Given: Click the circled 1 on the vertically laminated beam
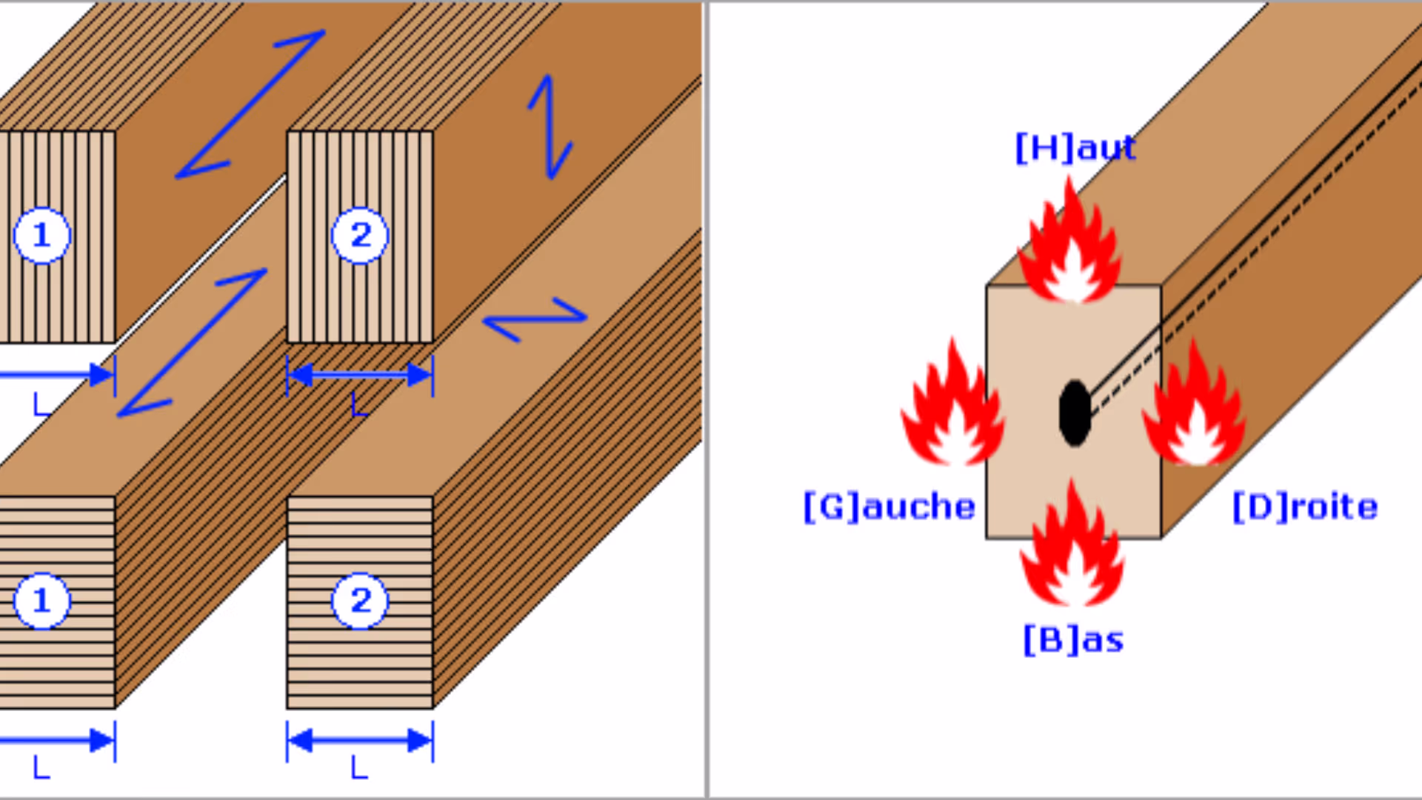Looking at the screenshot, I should click(x=42, y=236).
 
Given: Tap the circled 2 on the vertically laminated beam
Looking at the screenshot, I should click(x=360, y=236).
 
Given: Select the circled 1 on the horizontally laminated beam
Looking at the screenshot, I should click(x=42, y=601).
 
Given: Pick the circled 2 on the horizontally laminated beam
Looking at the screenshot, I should click(x=360, y=601).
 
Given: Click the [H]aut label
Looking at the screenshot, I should click(x=1075, y=148).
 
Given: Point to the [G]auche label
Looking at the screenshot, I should click(x=889, y=507).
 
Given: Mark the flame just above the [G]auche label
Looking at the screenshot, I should click(x=953, y=407).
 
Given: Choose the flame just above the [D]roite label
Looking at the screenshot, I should click(x=1195, y=407).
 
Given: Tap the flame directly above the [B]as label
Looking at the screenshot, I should click(x=1072, y=548).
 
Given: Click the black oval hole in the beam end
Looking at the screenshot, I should click(x=1075, y=413).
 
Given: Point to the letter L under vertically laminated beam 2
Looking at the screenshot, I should click(x=359, y=405).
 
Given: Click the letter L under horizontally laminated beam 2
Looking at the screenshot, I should click(x=359, y=767).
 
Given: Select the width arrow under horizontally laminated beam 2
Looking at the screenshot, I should click(x=360, y=740).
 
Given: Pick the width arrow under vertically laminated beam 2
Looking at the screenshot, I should click(x=360, y=375).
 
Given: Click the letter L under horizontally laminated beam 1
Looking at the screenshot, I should click(x=41, y=767).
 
